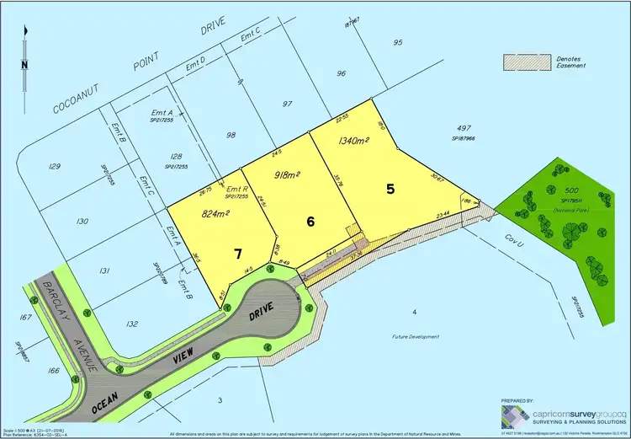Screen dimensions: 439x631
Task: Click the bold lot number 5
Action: pos(390,189)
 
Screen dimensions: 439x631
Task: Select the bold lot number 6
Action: pos(311,222)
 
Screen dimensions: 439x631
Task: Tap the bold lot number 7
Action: pos(238,252)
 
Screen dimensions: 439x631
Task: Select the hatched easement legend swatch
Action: pos(522,62)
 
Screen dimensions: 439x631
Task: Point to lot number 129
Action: pos(55,167)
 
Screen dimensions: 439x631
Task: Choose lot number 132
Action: pos(108,324)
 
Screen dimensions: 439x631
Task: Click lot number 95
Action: pos(398,42)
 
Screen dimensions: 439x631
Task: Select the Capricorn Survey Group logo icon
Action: pos(514,415)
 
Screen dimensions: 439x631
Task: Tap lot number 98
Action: pos(230,135)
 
